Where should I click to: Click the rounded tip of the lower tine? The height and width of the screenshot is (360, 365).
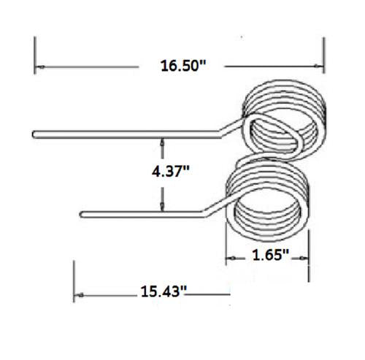click(x=82, y=214)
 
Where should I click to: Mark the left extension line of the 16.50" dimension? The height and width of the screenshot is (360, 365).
click(x=35, y=55)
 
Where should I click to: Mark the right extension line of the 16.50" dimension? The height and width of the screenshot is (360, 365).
click(x=323, y=55)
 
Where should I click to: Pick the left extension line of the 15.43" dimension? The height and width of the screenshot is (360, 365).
click(x=74, y=281)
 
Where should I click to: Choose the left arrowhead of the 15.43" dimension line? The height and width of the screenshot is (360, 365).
click(x=78, y=295)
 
